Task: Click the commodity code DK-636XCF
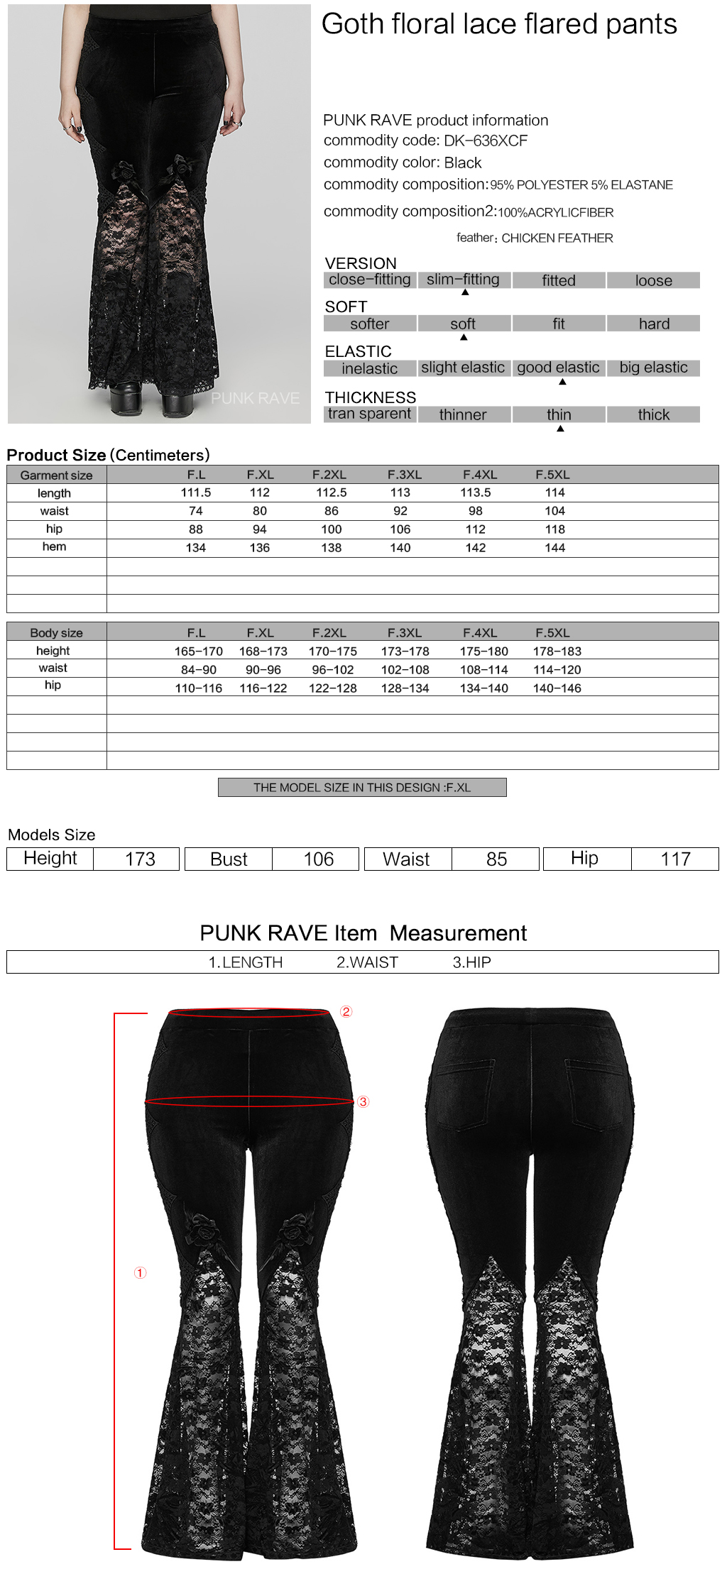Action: tap(486, 141)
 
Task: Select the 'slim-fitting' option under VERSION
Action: tap(463, 280)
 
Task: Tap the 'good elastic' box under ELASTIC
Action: tap(558, 368)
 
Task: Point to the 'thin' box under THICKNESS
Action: tap(559, 414)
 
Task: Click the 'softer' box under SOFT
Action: tap(369, 324)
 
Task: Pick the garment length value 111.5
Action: tap(196, 492)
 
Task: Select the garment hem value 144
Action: tap(554, 548)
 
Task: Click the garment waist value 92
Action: tap(400, 511)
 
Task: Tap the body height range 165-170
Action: tap(199, 651)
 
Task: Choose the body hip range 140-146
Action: tap(557, 688)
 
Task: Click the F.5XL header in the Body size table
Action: tap(552, 633)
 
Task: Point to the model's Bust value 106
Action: tap(318, 859)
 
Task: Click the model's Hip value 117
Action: tap(675, 859)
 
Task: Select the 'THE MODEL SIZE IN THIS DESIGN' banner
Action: tap(362, 788)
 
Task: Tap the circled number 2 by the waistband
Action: tap(346, 1011)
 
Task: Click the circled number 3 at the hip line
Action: tap(363, 1101)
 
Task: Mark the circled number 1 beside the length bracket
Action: tap(141, 1272)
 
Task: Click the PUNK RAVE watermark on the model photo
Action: tap(255, 398)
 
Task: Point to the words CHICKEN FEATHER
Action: tap(557, 238)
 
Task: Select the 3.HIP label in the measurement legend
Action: tap(472, 962)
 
